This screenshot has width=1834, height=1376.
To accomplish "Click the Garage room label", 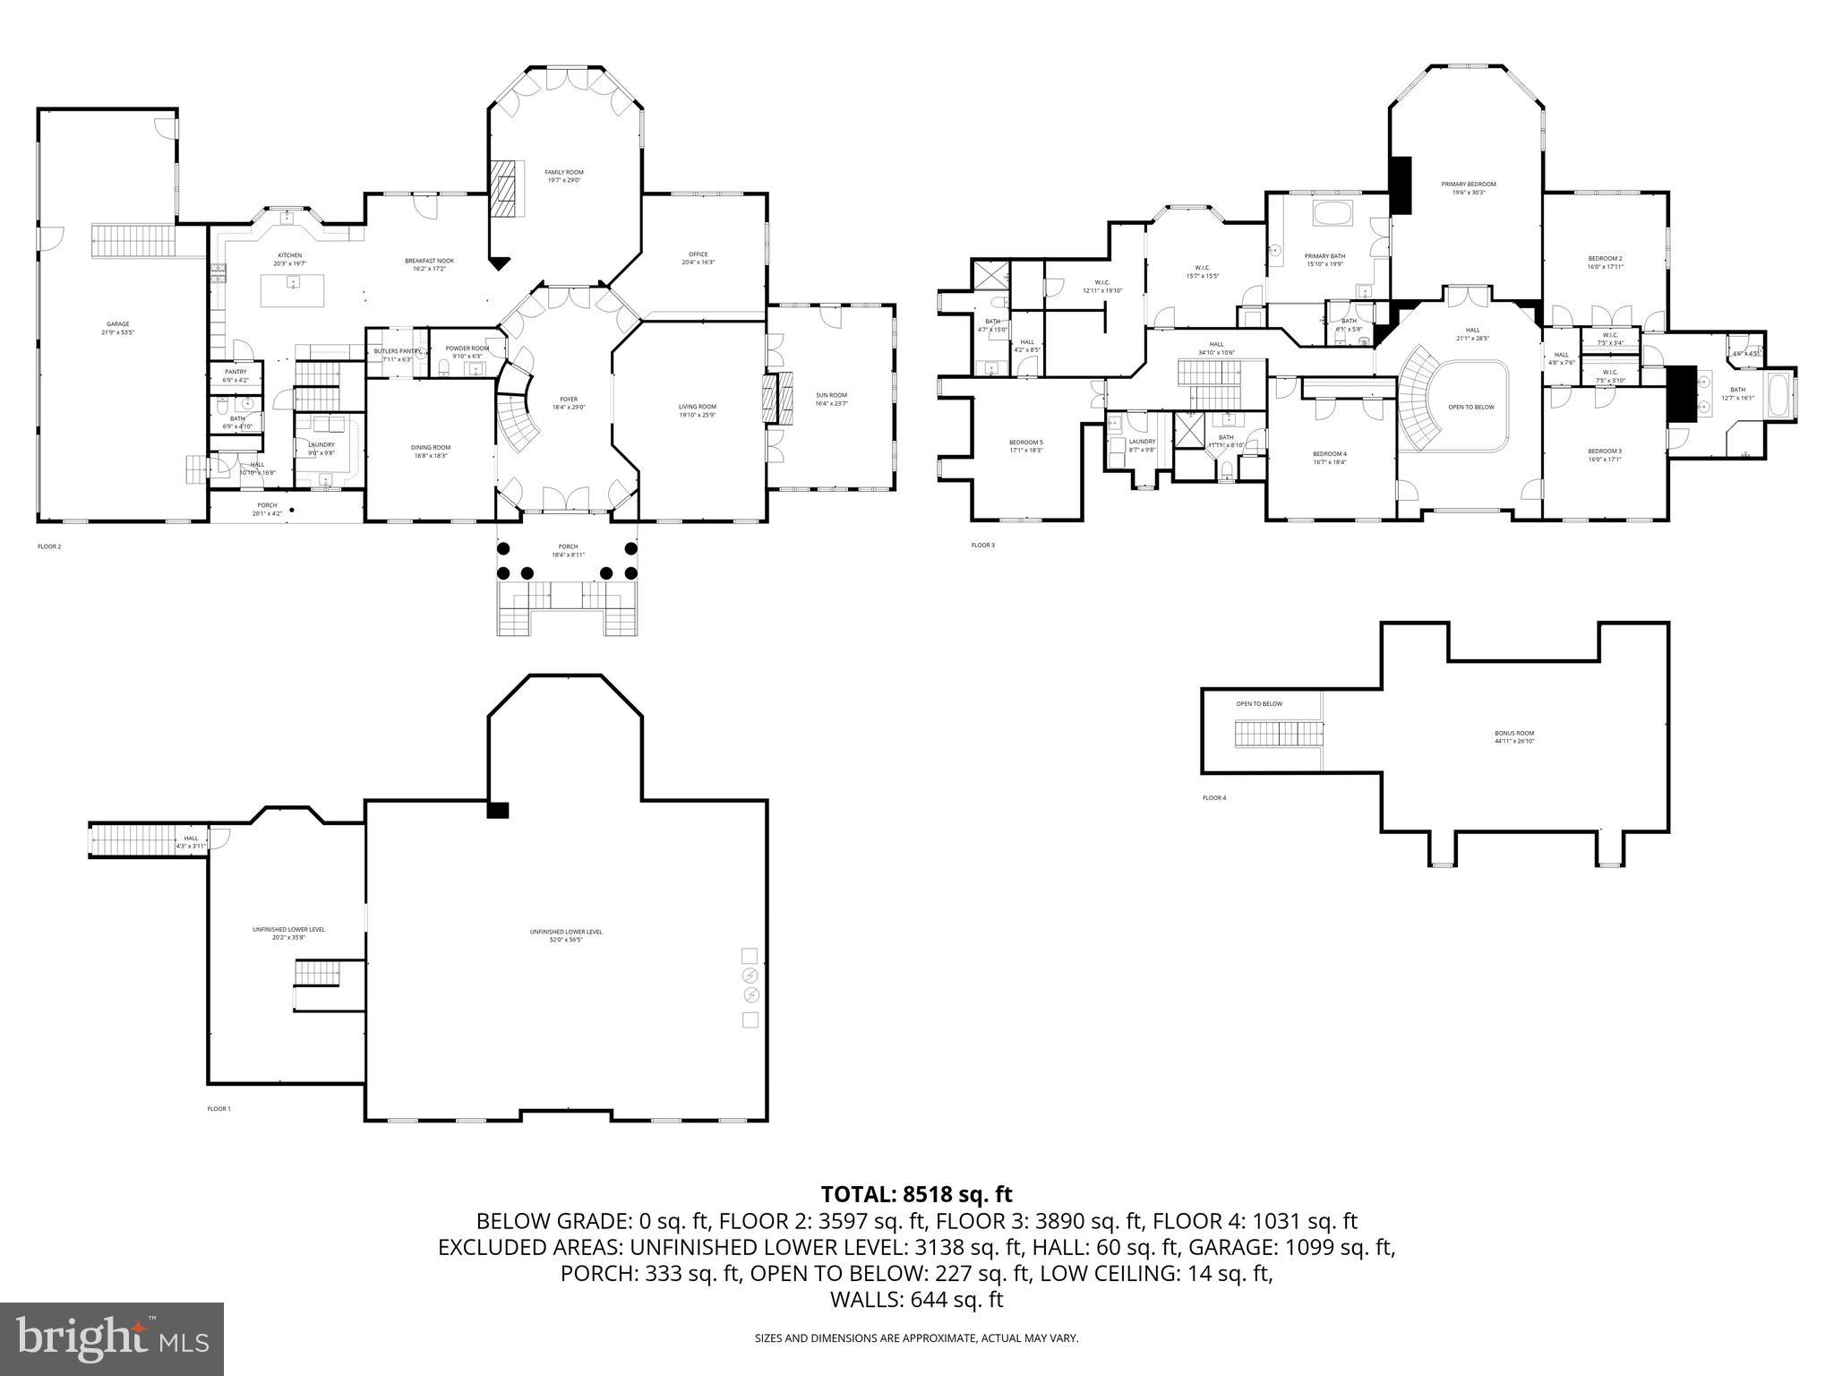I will (117, 328).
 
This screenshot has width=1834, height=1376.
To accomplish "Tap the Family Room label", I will (564, 176).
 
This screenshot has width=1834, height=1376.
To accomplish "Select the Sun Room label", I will (830, 399).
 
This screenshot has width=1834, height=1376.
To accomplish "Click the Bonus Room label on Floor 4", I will (1513, 737).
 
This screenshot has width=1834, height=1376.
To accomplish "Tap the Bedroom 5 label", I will (1025, 445).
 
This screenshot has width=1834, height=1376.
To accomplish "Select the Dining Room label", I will (431, 451).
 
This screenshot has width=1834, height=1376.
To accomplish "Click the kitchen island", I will (292, 290).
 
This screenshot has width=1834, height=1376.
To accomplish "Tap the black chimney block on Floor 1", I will (497, 810).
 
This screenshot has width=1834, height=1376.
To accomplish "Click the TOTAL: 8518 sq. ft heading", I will (916, 1194).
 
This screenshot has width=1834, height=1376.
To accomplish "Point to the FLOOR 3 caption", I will (982, 545).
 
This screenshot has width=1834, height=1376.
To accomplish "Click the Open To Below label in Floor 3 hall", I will (1470, 407).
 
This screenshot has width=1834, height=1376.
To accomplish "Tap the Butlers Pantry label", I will (397, 355).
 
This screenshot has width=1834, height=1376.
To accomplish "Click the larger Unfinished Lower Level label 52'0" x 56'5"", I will (565, 935).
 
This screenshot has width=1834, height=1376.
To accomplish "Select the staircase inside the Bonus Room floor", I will (1279, 734).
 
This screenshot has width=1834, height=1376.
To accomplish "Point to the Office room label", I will (698, 258).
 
